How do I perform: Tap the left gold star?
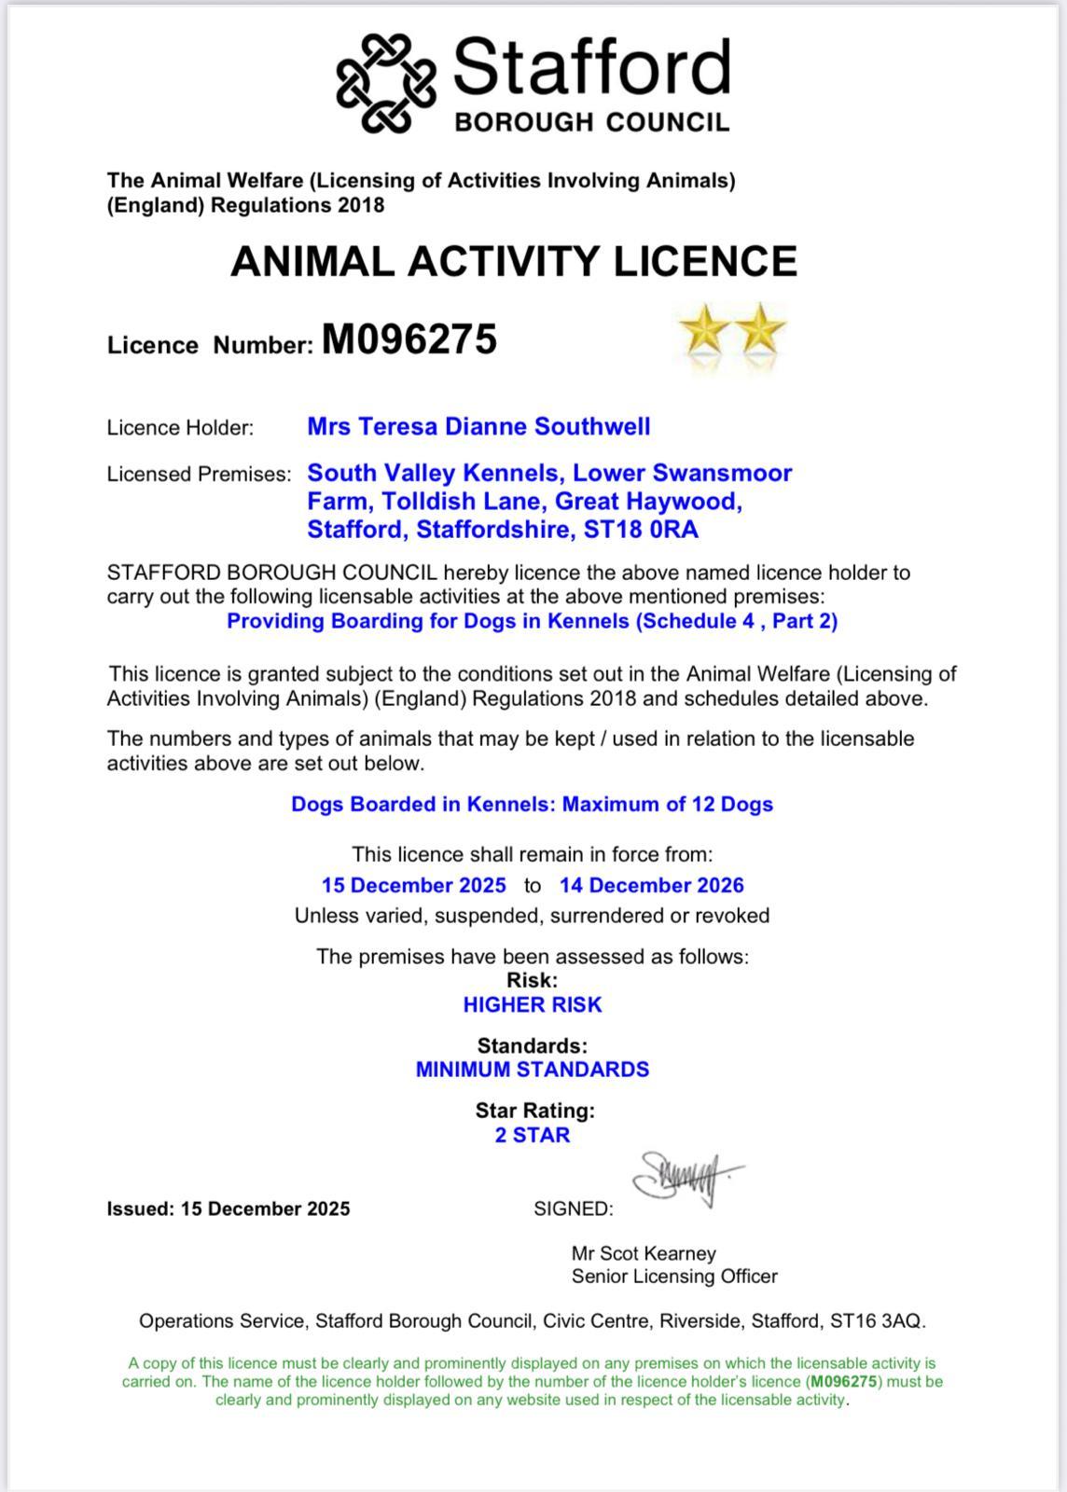[704, 330]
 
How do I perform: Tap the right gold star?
[760, 330]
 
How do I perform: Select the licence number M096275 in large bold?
[409, 339]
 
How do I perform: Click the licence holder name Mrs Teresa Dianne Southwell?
[478, 427]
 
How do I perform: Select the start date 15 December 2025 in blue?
[414, 885]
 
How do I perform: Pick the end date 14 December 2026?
[652, 885]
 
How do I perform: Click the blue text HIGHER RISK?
[533, 1004]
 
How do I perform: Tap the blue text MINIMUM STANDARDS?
[533, 1069]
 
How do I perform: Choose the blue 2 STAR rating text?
[533, 1135]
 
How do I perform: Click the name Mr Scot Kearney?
[644, 1253]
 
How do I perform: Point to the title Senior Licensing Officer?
[674, 1277]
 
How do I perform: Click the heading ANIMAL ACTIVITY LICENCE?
[514, 261]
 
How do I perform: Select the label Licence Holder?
[180, 428]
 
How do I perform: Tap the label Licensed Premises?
[200, 474]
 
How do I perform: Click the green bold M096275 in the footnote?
[843, 1381]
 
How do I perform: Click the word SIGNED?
[574, 1209]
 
